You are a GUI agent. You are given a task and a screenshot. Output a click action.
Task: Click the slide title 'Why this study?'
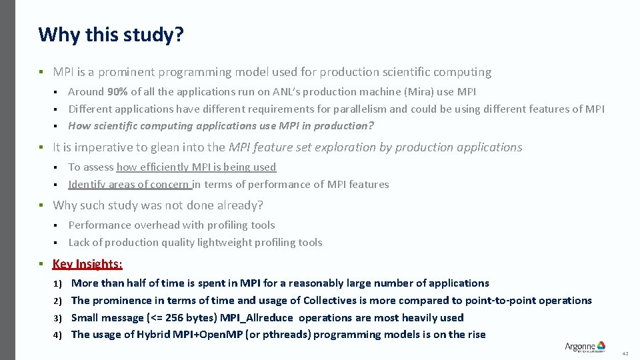111,34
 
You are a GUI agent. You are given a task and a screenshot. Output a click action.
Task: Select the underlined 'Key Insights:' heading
87,264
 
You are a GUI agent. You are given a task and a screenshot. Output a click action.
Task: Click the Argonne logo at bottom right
585,346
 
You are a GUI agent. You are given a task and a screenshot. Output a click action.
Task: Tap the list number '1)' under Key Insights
58,284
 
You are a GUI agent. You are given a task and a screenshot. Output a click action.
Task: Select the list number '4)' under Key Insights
58,335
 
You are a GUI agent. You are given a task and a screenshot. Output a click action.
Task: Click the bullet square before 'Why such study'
41,205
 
